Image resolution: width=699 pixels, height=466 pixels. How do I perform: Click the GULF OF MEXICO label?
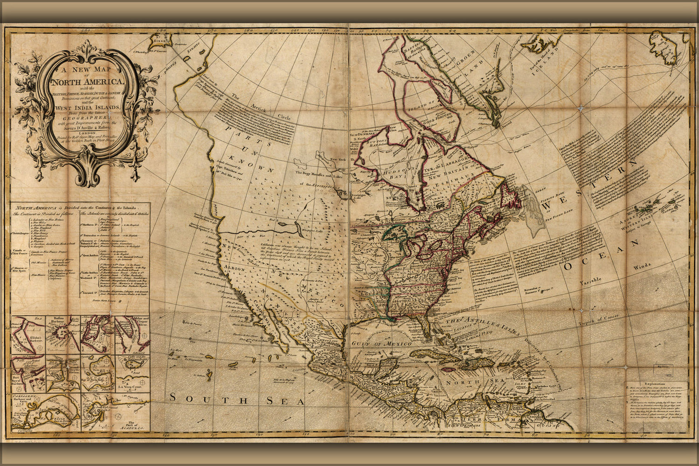pos(379,343)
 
